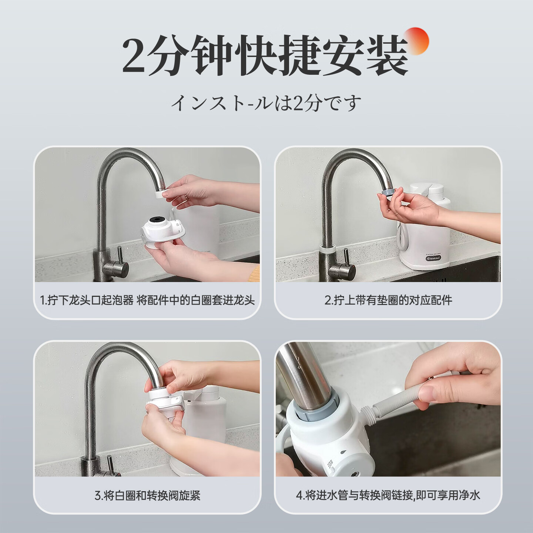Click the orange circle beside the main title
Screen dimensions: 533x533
415,41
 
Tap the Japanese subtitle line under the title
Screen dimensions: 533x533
266,103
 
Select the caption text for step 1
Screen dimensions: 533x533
147,300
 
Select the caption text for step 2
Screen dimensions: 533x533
388,300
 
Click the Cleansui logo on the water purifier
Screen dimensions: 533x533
433,258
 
